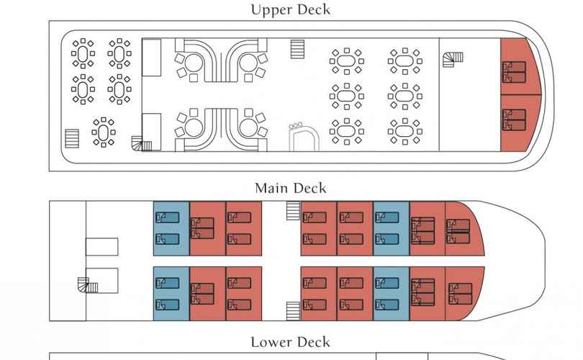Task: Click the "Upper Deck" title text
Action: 290,9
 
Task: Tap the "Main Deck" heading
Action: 290,188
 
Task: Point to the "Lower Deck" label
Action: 290,342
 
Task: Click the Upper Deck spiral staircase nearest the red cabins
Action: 453,60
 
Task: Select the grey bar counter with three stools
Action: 304,137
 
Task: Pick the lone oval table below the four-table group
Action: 104,132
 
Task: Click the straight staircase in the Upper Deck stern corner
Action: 72,138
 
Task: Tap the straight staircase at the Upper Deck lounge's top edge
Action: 297,49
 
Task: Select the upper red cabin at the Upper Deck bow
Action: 519,66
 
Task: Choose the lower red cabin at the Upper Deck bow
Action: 519,123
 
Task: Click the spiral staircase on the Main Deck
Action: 88,285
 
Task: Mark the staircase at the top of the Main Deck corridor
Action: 293,210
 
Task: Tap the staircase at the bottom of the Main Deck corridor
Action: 293,311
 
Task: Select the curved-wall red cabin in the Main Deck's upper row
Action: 464,229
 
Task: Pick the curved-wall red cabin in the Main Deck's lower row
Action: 464,294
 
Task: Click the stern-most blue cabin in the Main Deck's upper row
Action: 171,229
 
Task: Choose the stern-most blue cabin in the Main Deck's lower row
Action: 171,294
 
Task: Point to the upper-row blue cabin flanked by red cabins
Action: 391,229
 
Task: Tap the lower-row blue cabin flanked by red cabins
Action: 391,294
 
